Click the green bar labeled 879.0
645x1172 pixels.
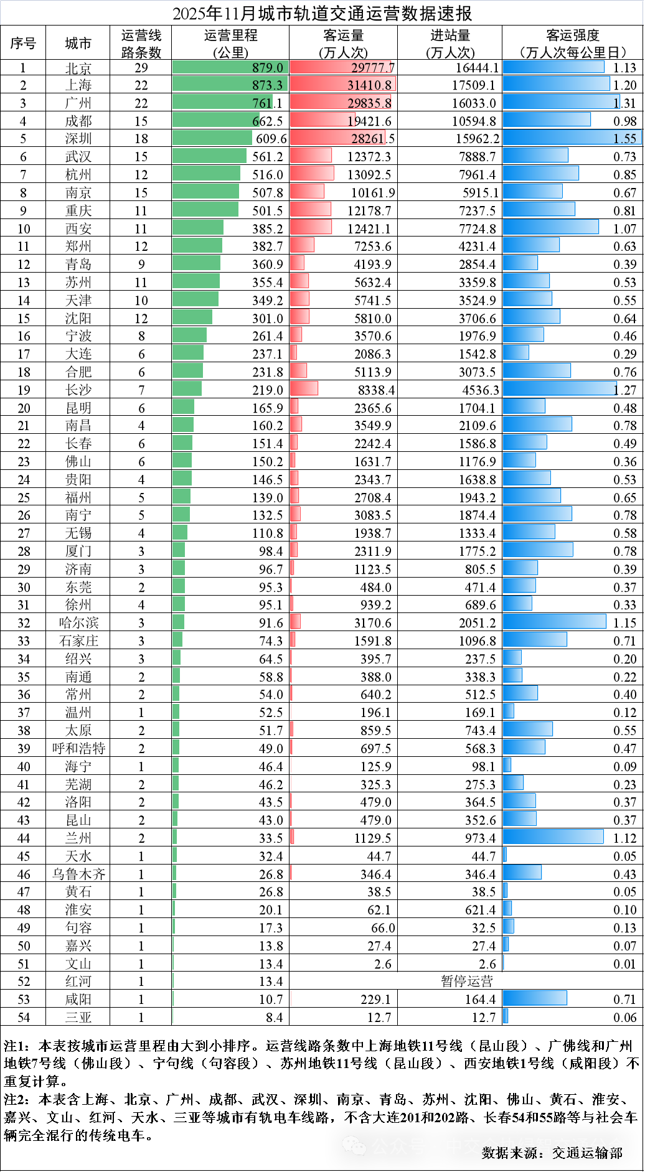[212, 67]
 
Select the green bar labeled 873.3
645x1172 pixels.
[212, 84]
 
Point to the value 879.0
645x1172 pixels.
[268, 68]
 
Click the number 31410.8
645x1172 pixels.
[370, 85]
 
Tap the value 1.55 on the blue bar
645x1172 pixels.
[625, 139]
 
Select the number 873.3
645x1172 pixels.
[267, 85]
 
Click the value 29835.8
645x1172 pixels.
[370, 103]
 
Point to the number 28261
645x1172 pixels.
[367, 139]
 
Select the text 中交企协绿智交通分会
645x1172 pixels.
[535, 1146]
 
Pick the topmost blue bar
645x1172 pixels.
[553, 67]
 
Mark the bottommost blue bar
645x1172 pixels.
[506, 1016]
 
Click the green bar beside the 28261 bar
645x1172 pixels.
[212, 138]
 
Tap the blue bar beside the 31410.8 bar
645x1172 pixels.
[556, 84]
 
